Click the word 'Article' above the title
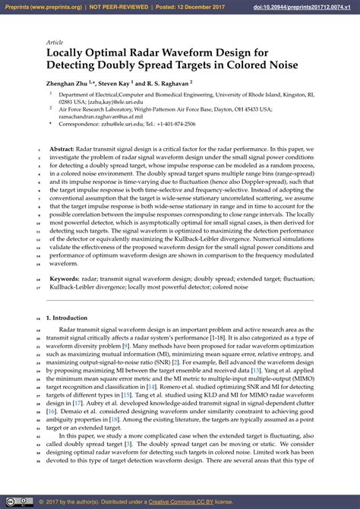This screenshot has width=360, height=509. click(55, 43)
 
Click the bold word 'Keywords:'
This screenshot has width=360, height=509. click(65, 280)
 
